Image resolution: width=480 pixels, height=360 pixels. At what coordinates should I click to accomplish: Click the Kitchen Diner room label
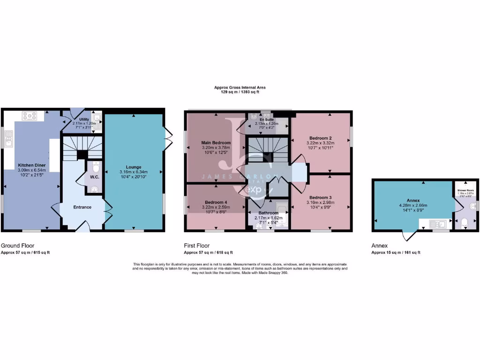pyautogui.click(x=32, y=165)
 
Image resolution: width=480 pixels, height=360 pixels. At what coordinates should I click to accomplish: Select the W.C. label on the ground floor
pyautogui.click(x=94, y=177)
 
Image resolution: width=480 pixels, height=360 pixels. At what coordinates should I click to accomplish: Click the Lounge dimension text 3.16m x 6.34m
pyautogui.click(x=134, y=172)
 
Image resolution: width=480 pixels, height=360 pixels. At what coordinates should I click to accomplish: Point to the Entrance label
pyautogui.click(x=82, y=207)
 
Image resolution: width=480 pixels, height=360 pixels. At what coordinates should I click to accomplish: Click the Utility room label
pyautogui.click(x=84, y=120)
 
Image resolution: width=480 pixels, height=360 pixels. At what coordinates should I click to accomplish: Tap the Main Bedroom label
pyautogui.click(x=216, y=142)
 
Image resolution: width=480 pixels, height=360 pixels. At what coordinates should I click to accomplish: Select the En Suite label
pyautogui.click(x=266, y=120)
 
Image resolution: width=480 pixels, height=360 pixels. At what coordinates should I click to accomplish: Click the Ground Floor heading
pyautogui.click(x=17, y=246)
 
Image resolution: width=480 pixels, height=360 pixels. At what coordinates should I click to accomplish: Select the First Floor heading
pyautogui.click(x=197, y=246)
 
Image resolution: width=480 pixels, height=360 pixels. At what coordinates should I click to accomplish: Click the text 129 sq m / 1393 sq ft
pyautogui.click(x=240, y=92)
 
